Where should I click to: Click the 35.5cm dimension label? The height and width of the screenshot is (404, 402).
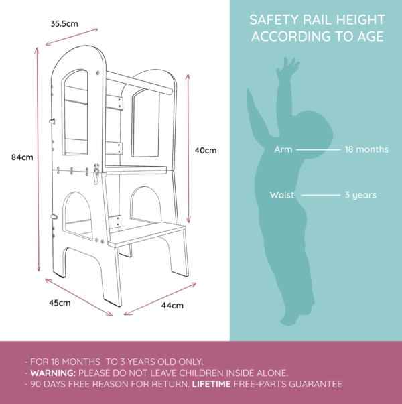click(64, 24)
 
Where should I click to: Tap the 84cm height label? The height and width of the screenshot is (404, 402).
click(22, 157)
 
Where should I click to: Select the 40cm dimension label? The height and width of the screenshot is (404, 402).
click(206, 151)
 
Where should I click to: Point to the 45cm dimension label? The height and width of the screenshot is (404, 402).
click(60, 303)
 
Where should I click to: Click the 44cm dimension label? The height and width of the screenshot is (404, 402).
click(172, 306)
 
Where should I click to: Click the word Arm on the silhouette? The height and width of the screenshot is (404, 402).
click(283, 149)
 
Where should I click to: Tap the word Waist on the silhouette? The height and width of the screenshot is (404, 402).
click(282, 195)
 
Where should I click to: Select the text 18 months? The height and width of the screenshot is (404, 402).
click(366, 149)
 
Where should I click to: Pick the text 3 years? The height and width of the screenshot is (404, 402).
click(360, 195)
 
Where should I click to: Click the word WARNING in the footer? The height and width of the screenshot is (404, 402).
click(53, 373)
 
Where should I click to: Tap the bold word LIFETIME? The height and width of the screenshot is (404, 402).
click(211, 384)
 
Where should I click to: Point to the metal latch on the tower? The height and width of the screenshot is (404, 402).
click(96, 174)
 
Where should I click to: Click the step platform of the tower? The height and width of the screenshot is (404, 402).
click(147, 235)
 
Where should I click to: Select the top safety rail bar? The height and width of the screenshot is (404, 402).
click(139, 83)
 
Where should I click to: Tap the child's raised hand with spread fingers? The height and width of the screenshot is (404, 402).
click(287, 68)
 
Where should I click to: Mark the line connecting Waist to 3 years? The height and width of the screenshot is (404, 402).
click(321, 196)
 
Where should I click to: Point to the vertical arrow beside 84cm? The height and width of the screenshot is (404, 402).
click(38, 159)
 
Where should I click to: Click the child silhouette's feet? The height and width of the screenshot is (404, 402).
click(296, 316)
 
